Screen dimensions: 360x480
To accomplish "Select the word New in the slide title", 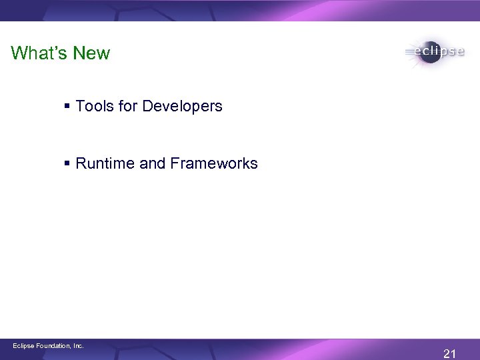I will click(92, 53).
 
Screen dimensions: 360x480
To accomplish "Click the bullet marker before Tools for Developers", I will click(69, 107).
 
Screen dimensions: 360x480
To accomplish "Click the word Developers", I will click(182, 107).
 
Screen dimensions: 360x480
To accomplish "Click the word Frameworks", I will click(213, 163).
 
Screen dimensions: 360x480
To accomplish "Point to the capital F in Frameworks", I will click(175, 163).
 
